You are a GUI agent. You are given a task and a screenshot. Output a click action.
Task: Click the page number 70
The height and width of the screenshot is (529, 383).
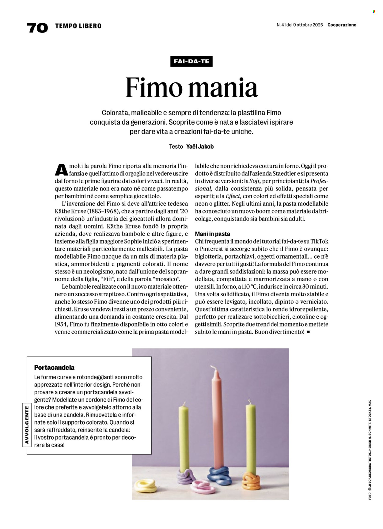37,28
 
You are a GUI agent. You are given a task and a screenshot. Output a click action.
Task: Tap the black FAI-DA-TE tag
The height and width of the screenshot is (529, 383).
191,61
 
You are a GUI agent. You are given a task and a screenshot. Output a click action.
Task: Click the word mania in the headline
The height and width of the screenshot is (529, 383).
223,88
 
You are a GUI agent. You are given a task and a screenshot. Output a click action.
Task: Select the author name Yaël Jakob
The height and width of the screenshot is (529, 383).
200,146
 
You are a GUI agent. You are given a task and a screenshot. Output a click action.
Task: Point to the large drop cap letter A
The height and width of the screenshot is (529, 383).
61,170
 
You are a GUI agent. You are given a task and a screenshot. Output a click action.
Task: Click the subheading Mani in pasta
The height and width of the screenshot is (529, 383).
212,234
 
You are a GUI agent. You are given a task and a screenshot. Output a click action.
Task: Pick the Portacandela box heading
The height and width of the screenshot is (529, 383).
54,367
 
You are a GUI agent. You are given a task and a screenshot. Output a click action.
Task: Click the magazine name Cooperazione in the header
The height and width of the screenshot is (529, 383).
342,25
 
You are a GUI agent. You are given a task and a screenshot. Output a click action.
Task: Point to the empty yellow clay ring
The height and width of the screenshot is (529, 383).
146,485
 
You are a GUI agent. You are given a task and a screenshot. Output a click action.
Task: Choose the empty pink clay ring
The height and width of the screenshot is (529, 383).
201,486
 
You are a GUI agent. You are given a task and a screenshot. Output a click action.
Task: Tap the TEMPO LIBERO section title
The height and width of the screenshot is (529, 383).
78,26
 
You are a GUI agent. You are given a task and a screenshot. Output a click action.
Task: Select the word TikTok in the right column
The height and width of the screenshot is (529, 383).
319,241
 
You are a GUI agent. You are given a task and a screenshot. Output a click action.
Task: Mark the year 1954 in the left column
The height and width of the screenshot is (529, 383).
61,324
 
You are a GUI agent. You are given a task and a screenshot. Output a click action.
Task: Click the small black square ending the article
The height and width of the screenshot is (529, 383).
308,332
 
